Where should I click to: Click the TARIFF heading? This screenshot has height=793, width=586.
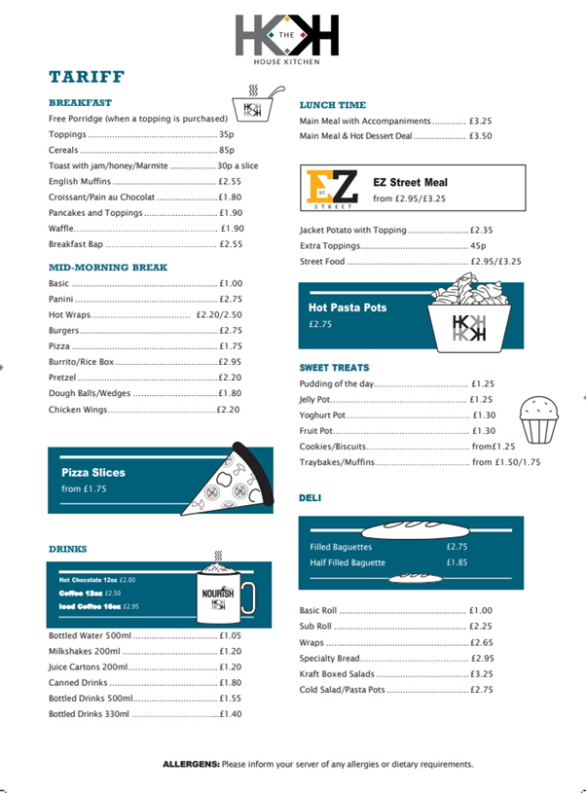click(87, 77)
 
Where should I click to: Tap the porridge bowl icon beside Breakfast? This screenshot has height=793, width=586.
click(253, 106)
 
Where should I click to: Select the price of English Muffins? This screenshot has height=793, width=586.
click(230, 181)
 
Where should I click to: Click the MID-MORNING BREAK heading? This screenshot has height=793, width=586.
click(107, 267)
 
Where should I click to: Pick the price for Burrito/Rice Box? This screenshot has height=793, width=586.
click(230, 362)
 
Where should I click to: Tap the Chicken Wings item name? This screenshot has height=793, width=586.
click(77, 410)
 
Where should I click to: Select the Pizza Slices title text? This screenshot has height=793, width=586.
click(93, 473)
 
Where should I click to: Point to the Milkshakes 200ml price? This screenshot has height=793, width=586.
click(230, 651)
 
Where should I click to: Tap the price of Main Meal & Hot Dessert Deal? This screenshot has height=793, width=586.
click(480, 136)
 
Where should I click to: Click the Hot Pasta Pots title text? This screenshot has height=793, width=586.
click(348, 307)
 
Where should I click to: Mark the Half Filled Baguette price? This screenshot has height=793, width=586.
click(457, 562)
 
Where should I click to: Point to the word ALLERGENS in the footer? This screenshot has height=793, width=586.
click(191, 764)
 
